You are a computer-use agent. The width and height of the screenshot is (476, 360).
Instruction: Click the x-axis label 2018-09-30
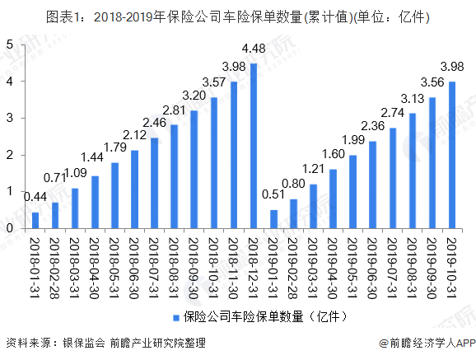(x=194, y=261)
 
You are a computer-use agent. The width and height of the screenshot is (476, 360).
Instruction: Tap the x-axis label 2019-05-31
(x=352, y=261)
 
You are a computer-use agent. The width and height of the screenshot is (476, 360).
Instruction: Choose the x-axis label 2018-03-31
(x=75, y=261)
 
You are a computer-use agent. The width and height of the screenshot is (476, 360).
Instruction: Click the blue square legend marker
(x=175, y=316)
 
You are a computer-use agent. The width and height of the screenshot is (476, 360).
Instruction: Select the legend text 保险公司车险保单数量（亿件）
(x=248, y=316)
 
